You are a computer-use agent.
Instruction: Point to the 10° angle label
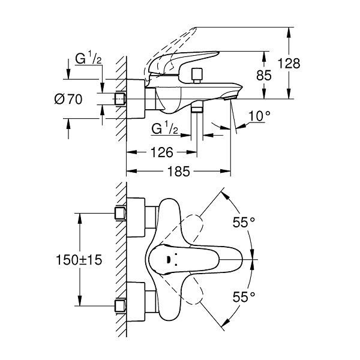click(259, 115)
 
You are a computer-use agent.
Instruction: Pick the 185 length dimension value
click(178, 172)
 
